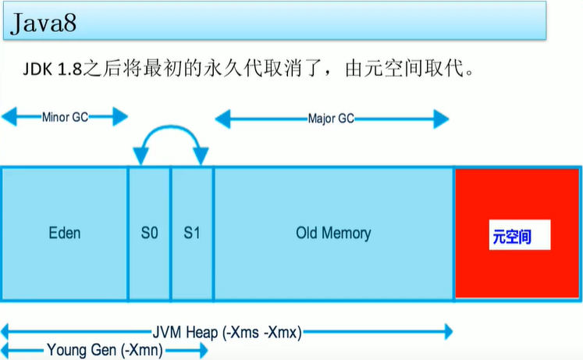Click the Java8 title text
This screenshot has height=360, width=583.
(44, 23)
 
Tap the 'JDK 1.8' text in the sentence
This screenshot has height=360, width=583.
(52, 70)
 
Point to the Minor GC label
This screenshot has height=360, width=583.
(65, 117)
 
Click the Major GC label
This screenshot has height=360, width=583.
(331, 119)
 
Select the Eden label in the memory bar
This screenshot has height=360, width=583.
(65, 233)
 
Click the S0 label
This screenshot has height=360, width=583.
(150, 233)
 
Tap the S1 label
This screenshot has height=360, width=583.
(192, 233)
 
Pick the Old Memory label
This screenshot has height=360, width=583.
(333, 233)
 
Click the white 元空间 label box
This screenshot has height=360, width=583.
(520, 235)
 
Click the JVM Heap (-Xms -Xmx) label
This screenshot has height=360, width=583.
(227, 332)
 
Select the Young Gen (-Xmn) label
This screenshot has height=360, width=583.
(105, 350)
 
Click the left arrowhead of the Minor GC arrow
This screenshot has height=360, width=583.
(9, 117)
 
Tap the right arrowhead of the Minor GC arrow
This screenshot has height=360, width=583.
(120, 117)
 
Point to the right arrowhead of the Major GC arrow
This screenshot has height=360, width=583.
(441, 119)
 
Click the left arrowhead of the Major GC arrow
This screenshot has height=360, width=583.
(222, 119)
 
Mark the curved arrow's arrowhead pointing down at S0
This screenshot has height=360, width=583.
(141, 155)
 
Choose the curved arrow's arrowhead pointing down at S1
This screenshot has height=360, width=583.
(201, 155)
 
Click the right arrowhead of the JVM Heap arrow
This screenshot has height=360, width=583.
(449, 332)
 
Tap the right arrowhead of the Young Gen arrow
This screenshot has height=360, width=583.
(204, 351)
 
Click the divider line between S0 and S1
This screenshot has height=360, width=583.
(171, 233)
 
